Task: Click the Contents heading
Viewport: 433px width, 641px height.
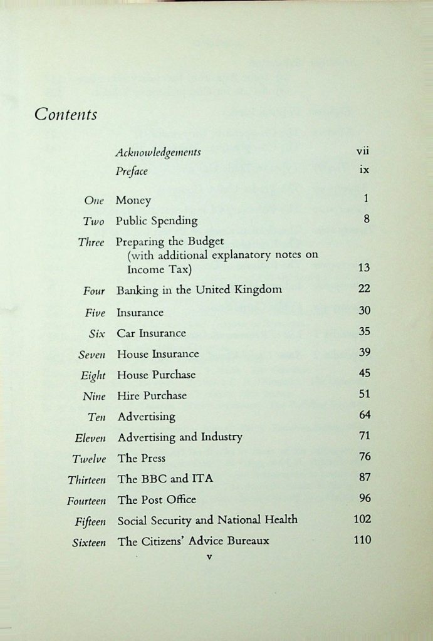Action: (x=66, y=114)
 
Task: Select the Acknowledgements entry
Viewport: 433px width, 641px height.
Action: (x=158, y=152)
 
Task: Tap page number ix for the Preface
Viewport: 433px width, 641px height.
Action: (x=364, y=170)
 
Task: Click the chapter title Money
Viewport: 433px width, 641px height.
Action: (x=133, y=201)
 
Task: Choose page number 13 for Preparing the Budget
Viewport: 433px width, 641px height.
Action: (x=364, y=268)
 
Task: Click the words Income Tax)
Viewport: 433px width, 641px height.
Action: (x=160, y=269)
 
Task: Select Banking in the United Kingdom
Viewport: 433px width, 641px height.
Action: (x=199, y=289)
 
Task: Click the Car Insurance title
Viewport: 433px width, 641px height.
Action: (x=151, y=333)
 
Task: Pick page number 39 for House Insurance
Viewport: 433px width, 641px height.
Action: (x=365, y=352)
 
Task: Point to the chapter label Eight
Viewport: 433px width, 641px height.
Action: (x=93, y=375)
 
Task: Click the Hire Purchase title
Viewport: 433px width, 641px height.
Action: (x=152, y=395)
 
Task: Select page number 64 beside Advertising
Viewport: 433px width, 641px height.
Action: (x=365, y=415)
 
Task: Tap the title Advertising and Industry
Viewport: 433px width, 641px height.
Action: (x=179, y=437)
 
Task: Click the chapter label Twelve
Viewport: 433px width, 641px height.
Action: (x=89, y=459)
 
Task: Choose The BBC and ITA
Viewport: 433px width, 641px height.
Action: (x=165, y=479)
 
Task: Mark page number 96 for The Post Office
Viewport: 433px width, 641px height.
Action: (x=365, y=498)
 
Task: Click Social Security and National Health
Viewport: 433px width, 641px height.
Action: (x=207, y=519)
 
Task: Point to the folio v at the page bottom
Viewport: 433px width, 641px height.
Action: (x=210, y=556)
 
